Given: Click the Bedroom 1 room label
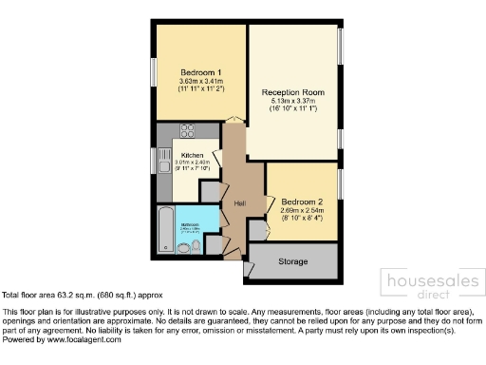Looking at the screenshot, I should [200, 72].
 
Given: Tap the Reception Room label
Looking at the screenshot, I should [293, 92].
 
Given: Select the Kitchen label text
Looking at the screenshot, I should [194, 155].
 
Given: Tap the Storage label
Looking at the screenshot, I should [293, 260].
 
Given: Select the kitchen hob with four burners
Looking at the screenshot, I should [186, 130].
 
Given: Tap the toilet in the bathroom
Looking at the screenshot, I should [196, 246].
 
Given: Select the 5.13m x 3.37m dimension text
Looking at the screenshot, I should [293, 102].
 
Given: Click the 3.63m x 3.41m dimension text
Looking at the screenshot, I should [200, 82].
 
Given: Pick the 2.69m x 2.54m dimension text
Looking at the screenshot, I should [301, 210].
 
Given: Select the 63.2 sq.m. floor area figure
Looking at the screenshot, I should [63, 297].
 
